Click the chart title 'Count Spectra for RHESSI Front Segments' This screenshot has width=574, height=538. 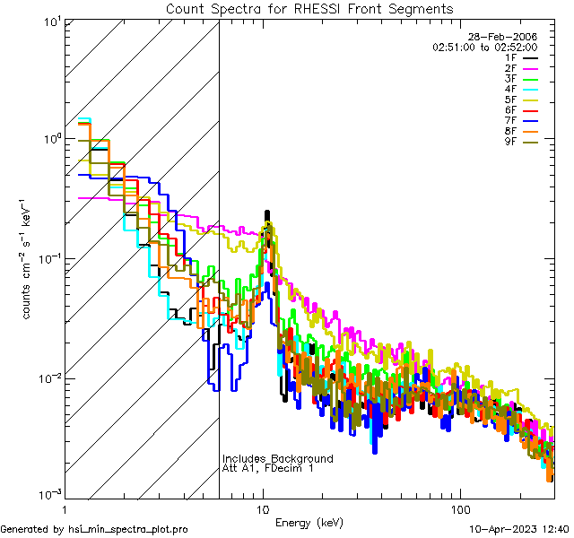click(x=309, y=8)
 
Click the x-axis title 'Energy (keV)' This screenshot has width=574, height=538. click(x=309, y=523)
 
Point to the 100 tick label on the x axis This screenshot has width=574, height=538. click(x=459, y=508)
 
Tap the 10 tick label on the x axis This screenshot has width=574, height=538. click(x=263, y=508)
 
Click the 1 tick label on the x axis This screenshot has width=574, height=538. click(x=65, y=508)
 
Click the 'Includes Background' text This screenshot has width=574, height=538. click(x=277, y=458)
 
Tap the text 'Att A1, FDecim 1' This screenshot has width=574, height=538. click(x=268, y=468)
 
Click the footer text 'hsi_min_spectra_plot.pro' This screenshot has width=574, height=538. click(x=128, y=529)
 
